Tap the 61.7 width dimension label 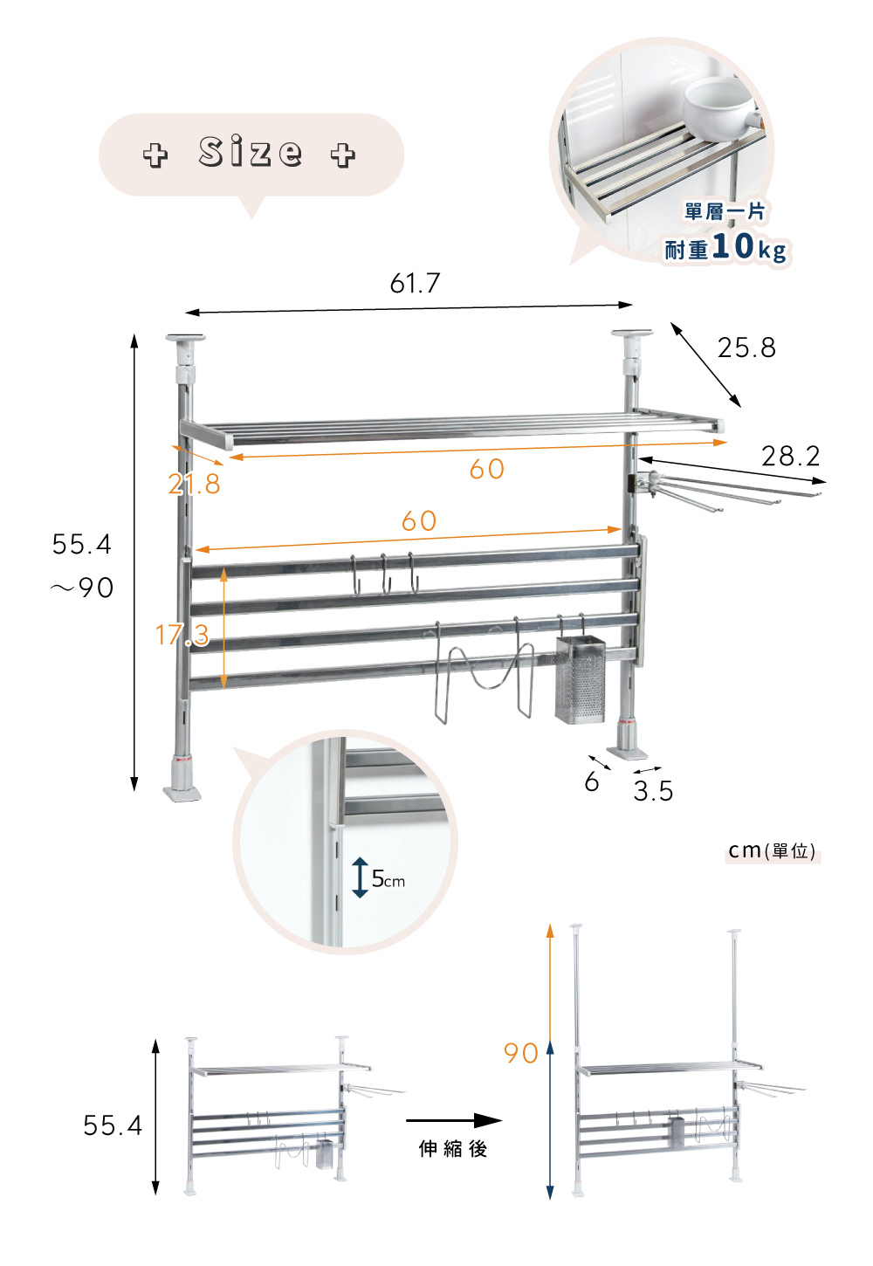[x=415, y=283]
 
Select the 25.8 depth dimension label [x=746, y=347]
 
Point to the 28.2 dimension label [x=790, y=456]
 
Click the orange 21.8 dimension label [x=194, y=484]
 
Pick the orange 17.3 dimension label [x=182, y=635]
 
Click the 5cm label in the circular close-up [x=388, y=879]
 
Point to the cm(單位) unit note [x=772, y=850]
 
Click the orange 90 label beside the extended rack [x=520, y=1053]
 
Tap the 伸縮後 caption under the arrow [x=452, y=1149]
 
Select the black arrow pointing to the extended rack [x=453, y=1120]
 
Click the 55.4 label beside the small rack [x=113, y=1125]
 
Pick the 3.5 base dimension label [x=653, y=791]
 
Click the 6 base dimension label [x=592, y=781]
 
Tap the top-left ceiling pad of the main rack [x=185, y=338]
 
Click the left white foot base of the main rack [x=182, y=792]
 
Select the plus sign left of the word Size [x=155, y=155]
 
